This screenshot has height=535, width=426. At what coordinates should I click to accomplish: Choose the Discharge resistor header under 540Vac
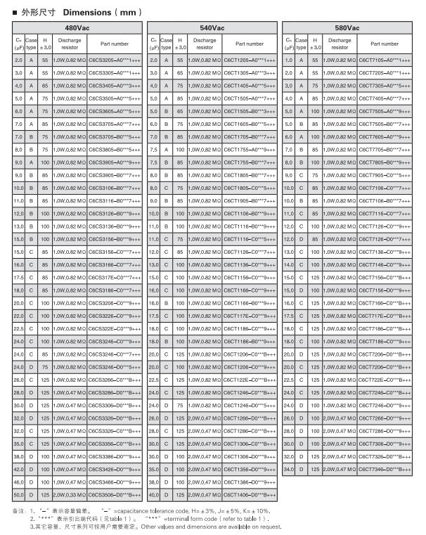point(205,44)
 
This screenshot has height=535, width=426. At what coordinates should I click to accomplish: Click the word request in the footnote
point(278,526)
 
